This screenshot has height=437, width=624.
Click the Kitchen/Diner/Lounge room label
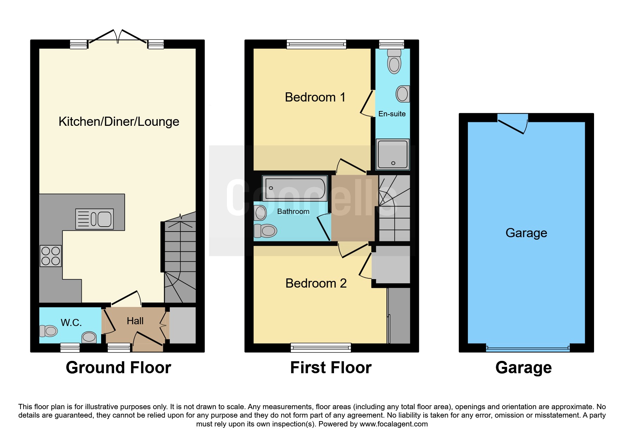(x=119, y=122)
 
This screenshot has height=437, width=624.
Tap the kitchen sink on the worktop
(x=94, y=219)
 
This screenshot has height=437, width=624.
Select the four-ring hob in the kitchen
(x=50, y=256)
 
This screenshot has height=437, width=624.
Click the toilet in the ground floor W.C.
(x=49, y=331)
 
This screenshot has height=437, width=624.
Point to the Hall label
(x=135, y=321)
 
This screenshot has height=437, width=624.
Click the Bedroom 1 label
(x=315, y=97)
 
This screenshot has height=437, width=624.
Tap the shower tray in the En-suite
(x=393, y=154)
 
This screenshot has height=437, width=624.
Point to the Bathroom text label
(x=293, y=211)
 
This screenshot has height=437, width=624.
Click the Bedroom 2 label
(x=316, y=283)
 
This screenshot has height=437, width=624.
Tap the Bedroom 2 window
(x=321, y=348)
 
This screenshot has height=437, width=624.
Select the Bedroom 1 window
(x=316, y=44)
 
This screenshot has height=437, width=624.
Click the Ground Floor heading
(x=118, y=368)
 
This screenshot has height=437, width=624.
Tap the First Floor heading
(x=330, y=368)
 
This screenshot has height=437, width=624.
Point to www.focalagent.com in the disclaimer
(x=394, y=424)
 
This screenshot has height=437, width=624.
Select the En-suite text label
(x=392, y=114)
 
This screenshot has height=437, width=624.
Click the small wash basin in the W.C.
(x=89, y=337)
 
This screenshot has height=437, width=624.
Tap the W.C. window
(x=70, y=348)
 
